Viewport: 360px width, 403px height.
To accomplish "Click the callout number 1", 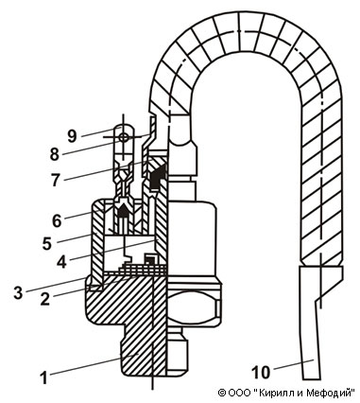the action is click(44, 377).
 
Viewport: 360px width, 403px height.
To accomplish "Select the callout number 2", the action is click(44, 299).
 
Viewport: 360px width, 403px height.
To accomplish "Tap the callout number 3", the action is click(18, 292).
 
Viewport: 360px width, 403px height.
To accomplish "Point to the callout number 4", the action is click(61, 262).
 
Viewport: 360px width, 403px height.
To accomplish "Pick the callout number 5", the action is click(47, 244).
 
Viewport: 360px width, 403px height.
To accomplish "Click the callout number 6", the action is click(57, 220).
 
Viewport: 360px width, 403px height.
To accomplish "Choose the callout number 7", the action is click(56, 181).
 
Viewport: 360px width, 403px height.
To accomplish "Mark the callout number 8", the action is click(55, 154).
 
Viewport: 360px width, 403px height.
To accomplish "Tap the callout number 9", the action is click(73, 136).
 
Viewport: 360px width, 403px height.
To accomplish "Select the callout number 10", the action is click(261, 372).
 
